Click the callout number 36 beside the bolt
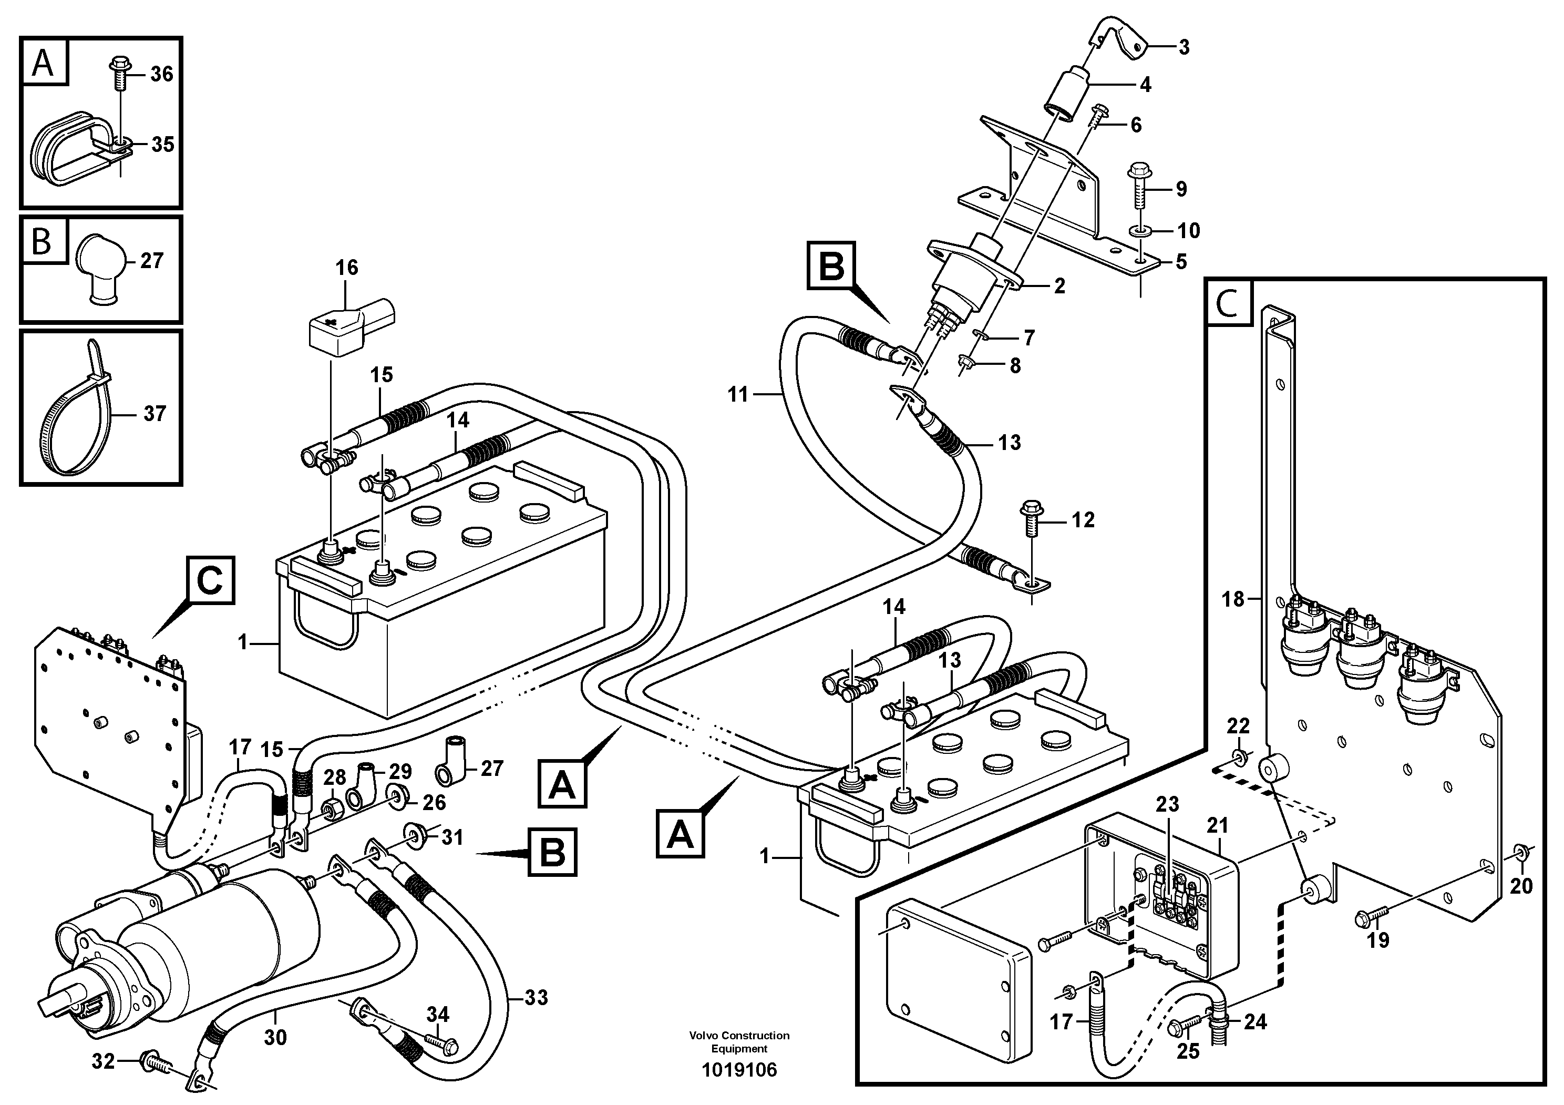tap(161, 74)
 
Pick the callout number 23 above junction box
tap(1167, 804)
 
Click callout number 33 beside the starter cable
tap(536, 998)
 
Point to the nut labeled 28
tap(334, 809)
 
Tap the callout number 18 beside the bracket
tap(1233, 599)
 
